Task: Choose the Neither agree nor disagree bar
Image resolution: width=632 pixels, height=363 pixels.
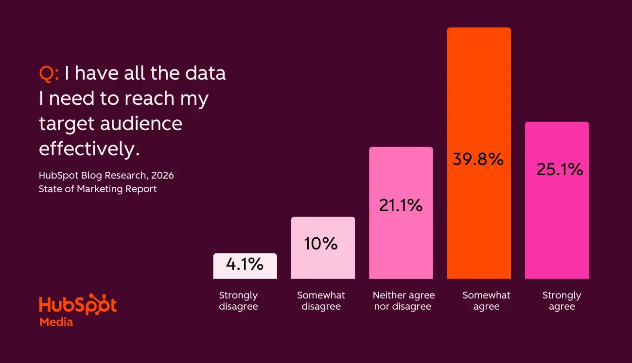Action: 401,243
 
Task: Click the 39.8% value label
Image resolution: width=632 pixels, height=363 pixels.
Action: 478,159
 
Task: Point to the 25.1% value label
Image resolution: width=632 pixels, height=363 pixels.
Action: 560,169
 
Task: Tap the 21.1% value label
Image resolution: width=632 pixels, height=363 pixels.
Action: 401,205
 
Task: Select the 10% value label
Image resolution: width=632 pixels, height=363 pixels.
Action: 321,244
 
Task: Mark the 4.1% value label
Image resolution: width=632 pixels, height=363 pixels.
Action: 245,264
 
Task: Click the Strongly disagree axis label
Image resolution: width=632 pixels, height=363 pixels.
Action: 238,301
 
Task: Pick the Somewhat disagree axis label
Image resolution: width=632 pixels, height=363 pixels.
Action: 321,301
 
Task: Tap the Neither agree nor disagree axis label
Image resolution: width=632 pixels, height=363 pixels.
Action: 404,301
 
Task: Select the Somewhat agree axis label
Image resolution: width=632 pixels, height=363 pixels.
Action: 486,301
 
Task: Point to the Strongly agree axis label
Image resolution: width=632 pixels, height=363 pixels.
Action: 562,301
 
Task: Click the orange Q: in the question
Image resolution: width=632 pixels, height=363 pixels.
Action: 49,73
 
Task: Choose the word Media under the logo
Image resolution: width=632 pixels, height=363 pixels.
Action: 56,322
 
